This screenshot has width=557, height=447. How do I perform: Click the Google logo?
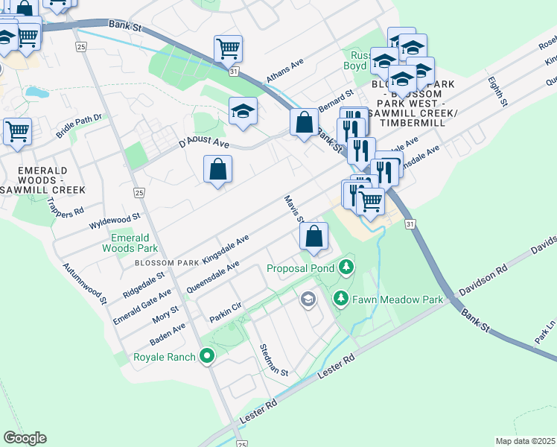coord(25,438)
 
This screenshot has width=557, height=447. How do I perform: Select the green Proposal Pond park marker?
coord(345,267)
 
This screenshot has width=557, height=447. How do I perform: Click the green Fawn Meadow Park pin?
coord(341,299)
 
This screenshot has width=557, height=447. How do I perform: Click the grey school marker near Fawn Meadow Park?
coord(308,299)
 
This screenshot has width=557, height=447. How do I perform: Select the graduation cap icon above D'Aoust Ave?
coord(243,111)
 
